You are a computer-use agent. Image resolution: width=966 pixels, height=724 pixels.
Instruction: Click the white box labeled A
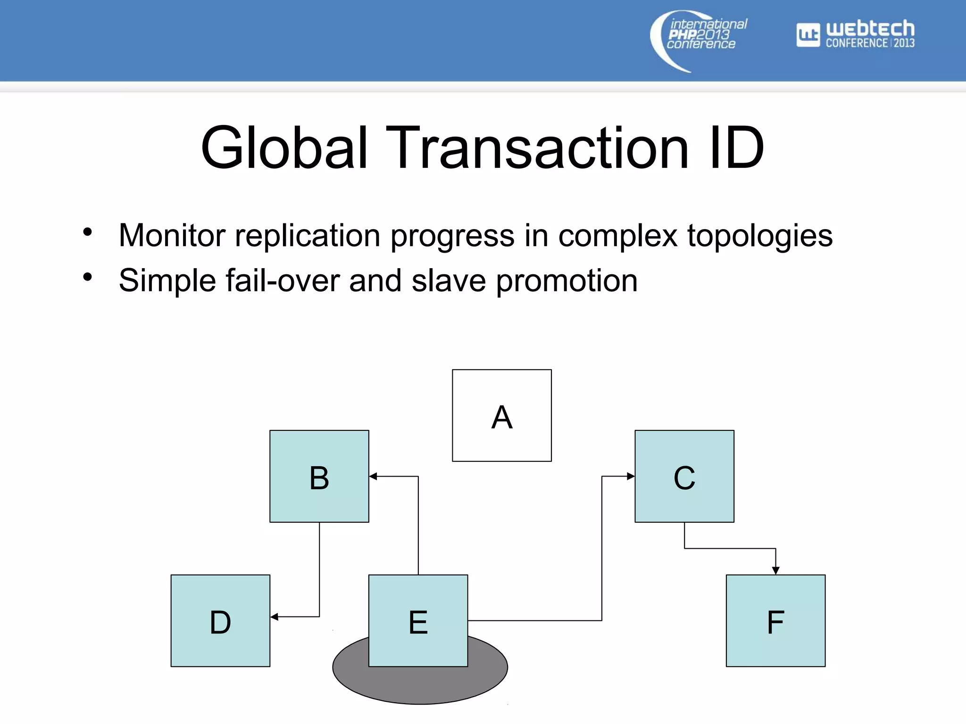coord(501,415)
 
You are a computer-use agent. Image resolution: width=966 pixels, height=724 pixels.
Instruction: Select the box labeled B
coord(319,476)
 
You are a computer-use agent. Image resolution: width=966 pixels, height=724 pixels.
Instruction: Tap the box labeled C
coord(684,476)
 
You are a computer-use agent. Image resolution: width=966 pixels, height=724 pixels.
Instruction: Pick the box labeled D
coord(220,620)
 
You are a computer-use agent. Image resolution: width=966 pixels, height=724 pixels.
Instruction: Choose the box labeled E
coord(418,620)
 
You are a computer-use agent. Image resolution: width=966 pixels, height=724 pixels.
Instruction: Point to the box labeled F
coord(775,620)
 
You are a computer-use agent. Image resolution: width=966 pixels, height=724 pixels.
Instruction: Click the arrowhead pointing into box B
coord(373,477)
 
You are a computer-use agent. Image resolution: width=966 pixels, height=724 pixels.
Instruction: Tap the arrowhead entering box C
coord(631,476)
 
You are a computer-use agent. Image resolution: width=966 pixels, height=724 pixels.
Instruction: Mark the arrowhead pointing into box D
coord(275,617)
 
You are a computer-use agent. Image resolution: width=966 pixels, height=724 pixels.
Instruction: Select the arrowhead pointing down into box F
coord(775,570)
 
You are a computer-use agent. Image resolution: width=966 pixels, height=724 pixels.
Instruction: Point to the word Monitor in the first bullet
coord(172,235)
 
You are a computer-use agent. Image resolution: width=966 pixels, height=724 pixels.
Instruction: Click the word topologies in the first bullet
coord(759,235)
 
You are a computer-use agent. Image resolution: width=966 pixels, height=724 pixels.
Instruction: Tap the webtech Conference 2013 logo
coord(856,34)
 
